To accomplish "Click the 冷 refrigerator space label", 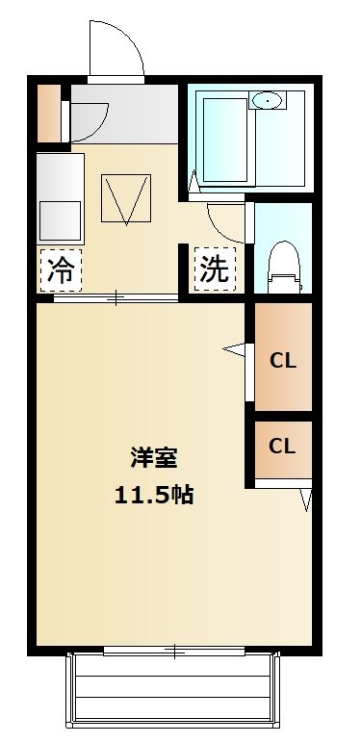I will (61, 269).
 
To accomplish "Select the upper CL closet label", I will (282, 361).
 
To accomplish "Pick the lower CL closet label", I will (282, 447).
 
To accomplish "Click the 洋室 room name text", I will (153, 457).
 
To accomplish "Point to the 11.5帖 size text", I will (153, 496).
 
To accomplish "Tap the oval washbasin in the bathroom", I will (266, 100).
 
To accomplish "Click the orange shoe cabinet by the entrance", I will (48, 114).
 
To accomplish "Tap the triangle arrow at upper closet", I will (234, 347).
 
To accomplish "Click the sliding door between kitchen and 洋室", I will (116, 298).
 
